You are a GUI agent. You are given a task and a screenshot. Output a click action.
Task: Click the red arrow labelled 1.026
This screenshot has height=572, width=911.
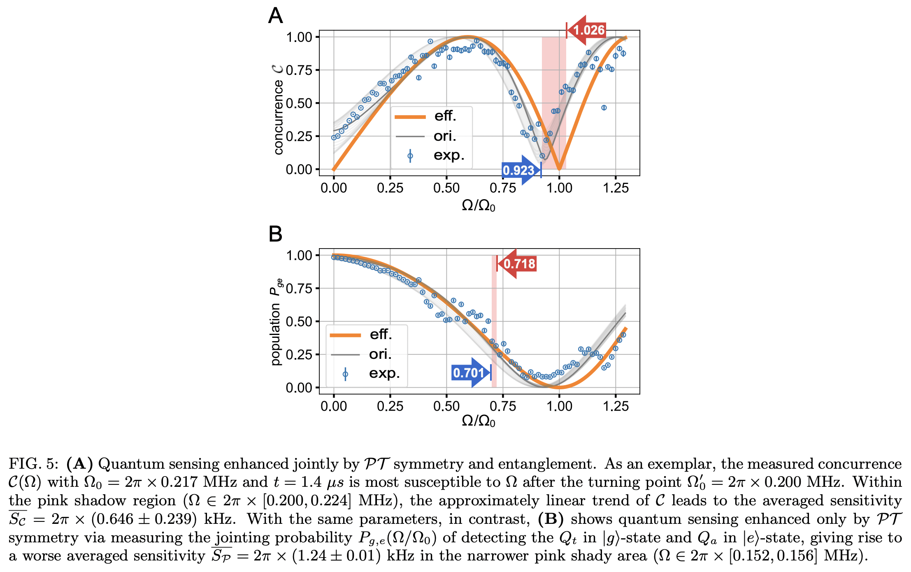point(586,30)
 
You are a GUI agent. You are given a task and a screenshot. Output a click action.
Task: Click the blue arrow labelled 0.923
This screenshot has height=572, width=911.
point(520,170)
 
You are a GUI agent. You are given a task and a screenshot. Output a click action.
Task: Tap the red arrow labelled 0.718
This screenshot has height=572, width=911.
point(518,264)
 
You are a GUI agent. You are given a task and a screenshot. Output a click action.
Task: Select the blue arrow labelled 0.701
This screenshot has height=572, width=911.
point(470,373)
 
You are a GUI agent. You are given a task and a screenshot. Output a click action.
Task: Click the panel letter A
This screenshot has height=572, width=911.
point(275,16)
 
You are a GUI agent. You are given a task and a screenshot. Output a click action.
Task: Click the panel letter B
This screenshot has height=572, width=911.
point(275,234)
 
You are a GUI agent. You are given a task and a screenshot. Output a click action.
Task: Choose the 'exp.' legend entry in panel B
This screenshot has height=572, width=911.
point(366,374)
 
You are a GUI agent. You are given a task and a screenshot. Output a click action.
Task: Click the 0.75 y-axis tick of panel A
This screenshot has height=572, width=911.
point(299,70)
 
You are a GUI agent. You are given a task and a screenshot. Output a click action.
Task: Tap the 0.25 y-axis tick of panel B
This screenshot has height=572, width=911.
point(299,355)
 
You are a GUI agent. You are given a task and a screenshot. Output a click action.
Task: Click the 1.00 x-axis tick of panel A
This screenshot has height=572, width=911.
point(559,188)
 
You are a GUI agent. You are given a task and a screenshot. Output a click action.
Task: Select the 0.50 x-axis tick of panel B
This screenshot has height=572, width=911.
point(446,406)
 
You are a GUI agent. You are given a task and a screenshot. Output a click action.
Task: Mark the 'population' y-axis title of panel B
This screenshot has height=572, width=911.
point(275,334)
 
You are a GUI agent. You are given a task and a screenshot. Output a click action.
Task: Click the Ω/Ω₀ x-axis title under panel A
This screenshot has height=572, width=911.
point(479,205)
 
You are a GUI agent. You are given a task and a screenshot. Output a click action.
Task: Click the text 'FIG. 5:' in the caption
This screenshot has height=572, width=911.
point(33,464)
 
